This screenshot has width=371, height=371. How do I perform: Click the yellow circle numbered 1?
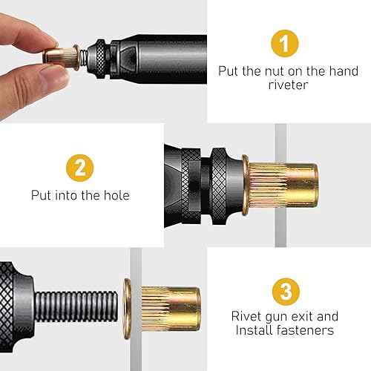pyautogui.click(x=285, y=44)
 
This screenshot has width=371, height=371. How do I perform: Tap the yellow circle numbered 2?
pyautogui.click(x=80, y=168)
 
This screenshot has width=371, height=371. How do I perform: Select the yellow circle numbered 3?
pyautogui.click(x=286, y=292)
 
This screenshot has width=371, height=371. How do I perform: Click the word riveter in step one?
pyautogui.click(x=289, y=85)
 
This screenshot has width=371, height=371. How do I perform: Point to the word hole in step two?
pyautogui.click(x=116, y=195)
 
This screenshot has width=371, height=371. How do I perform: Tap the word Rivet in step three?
pyautogui.click(x=246, y=316)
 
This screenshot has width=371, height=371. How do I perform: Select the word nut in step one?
pyautogui.click(x=275, y=71)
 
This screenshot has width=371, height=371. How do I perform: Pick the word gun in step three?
pyautogui.click(x=276, y=318)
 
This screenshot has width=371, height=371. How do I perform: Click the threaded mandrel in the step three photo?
pyautogui.click(x=76, y=306)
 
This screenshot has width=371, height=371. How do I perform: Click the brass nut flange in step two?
pyautogui.click(x=245, y=185)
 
